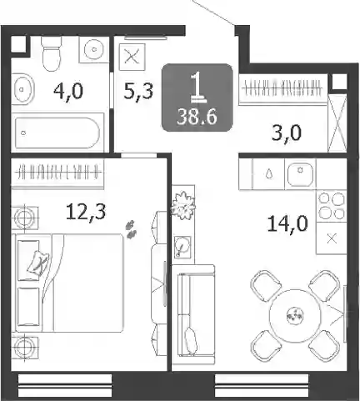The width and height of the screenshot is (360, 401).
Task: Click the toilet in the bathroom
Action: coord(52,53)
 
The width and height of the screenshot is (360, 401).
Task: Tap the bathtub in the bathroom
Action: coord(57,133)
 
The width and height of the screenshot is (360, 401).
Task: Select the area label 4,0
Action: coord(68,91)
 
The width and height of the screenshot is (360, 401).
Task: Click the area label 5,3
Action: coord(138,91)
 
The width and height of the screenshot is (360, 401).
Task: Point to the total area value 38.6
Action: coord(197,117)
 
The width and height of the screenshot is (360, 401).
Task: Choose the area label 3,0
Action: coord(287,133)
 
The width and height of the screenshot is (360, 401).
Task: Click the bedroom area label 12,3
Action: coord(86,213)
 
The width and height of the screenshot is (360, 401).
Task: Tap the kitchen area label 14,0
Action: coord(287,223)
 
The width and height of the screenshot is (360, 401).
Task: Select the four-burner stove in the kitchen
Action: coord(332,206)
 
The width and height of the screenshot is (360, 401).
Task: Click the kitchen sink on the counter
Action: coord(300,174)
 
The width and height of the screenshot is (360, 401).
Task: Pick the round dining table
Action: coord(295,315)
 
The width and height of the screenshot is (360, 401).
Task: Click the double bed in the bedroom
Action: coord(69,283)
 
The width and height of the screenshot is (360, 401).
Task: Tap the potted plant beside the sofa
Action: coord(183,205)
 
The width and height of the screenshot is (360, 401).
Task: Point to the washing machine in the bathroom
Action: coord(94,49)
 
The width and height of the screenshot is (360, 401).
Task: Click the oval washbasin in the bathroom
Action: coord(23,89)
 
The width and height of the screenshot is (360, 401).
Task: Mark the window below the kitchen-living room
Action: coord(262,386)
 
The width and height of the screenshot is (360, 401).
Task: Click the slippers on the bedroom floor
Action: coord(132,229)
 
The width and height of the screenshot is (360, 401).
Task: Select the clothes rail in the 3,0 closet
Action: coord(282,89)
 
